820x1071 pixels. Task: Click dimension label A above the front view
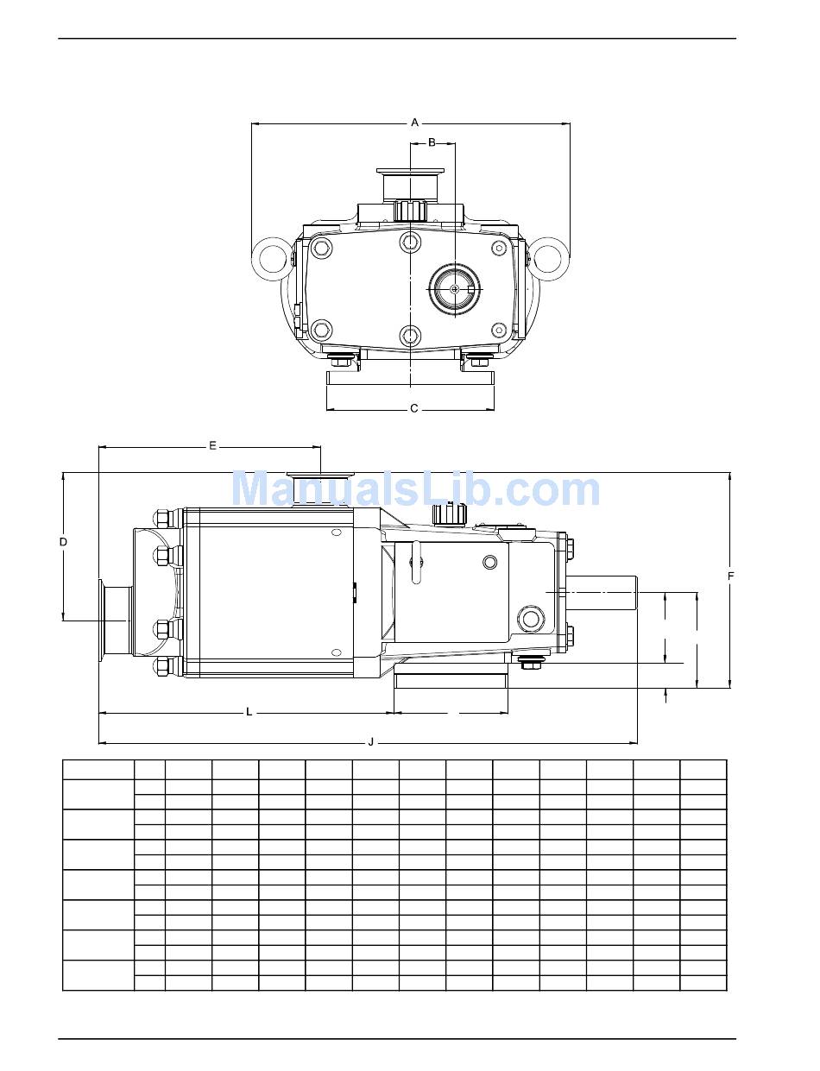pyautogui.click(x=414, y=123)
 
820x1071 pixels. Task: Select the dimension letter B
pyautogui.click(x=432, y=143)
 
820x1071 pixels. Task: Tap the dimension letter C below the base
pyautogui.click(x=414, y=408)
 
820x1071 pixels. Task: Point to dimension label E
pyautogui.click(x=212, y=446)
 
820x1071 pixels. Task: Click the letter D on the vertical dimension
pyautogui.click(x=63, y=542)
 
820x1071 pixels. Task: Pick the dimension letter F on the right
pyautogui.click(x=731, y=576)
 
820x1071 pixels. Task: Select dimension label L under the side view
pyautogui.click(x=249, y=712)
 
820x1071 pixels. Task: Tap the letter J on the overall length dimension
pyautogui.click(x=371, y=742)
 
